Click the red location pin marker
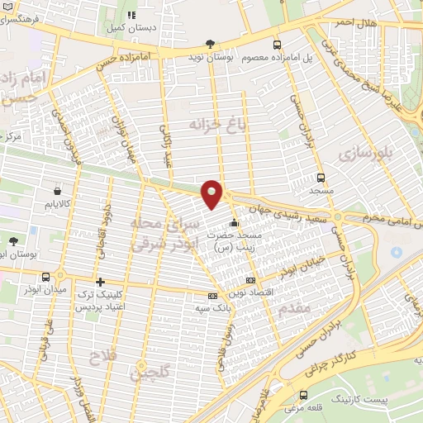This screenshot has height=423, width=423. (x=212, y=193)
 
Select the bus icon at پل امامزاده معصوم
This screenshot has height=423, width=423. (x=277, y=45)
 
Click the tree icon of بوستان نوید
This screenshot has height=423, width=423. (x=211, y=43)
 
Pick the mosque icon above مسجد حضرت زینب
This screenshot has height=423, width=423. (x=234, y=222)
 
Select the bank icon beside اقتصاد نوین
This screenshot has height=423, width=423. (x=250, y=281)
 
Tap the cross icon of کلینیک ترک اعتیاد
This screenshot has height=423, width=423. (x=100, y=282)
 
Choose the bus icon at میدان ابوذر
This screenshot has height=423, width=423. (x=45, y=277)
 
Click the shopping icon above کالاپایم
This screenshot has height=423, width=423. (x=56, y=191)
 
